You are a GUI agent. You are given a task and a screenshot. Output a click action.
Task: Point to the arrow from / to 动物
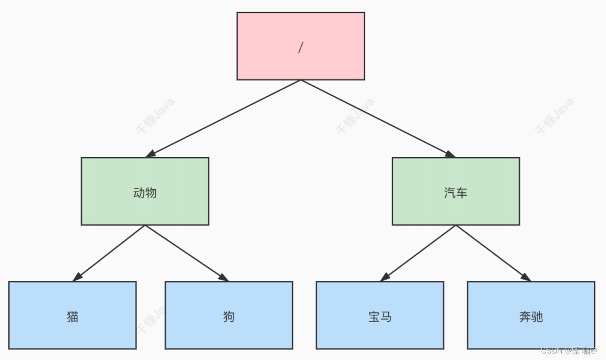(x=223, y=118)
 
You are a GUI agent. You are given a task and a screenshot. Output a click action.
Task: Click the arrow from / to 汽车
(x=378, y=118)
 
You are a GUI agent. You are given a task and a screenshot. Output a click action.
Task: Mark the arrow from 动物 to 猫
(x=109, y=253)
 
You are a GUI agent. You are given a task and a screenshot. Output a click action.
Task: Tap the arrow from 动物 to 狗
(x=186, y=253)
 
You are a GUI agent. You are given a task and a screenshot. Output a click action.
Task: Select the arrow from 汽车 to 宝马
(x=418, y=253)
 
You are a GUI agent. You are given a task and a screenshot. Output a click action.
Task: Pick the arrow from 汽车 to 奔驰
(x=493, y=253)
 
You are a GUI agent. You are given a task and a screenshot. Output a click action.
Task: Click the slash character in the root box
(x=301, y=48)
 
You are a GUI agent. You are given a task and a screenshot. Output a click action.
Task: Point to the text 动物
(x=145, y=193)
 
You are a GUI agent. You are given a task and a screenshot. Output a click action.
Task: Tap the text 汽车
(x=455, y=193)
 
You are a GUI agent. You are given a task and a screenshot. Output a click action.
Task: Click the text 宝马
(x=380, y=317)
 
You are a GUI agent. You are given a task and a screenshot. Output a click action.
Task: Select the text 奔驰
(x=531, y=317)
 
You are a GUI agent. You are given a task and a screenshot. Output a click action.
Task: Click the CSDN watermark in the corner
(x=568, y=351)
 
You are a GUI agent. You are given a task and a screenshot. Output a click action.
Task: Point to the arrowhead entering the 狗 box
(x=223, y=278)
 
